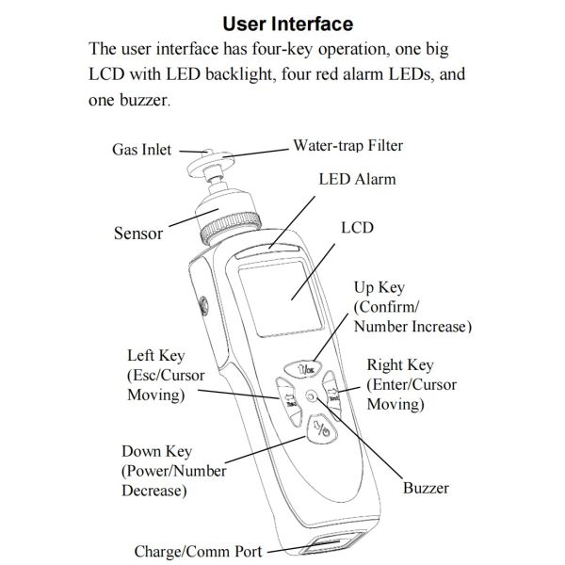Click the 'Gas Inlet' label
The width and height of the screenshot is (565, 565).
point(142,150)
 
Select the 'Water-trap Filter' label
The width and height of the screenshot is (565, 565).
point(349,146)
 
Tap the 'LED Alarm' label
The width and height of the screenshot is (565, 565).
point(357,178)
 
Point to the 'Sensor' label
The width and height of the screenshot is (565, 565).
point(138,233)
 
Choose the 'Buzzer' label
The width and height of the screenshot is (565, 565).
point(426,488)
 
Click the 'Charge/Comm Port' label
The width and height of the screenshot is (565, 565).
point(198,551)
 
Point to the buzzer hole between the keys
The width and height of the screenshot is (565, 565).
point(312,398)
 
